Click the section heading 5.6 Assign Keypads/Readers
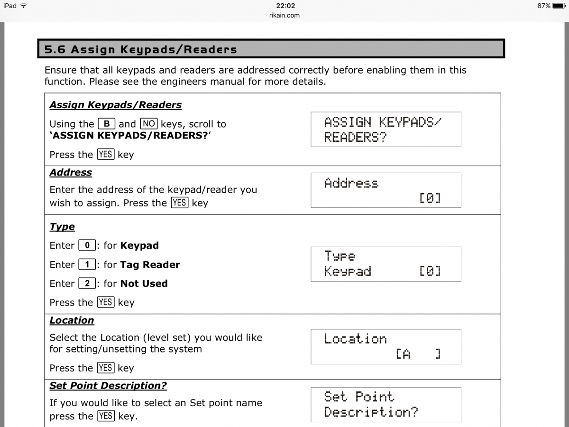click(x=140, y=49)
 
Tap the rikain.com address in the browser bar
click(x=284, y=15)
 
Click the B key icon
click(x=107, y=124)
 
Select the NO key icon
click(x=149, y=124)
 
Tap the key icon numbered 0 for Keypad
click(x=87, y=245)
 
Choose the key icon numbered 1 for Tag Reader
click(x=87, y=264)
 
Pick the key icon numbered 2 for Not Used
click(x=87, y=283)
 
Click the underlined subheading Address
click(x=71, y=173)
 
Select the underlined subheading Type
click(x=62, y=227)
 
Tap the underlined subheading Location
click(x=72, y=321)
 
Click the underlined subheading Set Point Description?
click(x=108, y=386)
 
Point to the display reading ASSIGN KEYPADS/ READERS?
click(x=385, y=129)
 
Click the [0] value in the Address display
click(x=430, y=197)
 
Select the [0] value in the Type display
click(x=430, y=271)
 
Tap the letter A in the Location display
click(x=406, y=354)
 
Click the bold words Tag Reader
click(x=150, y=265)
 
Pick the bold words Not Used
click(x=144, y=284)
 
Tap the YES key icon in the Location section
click(x=106, y=368)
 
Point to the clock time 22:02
click(x=285, y=6)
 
